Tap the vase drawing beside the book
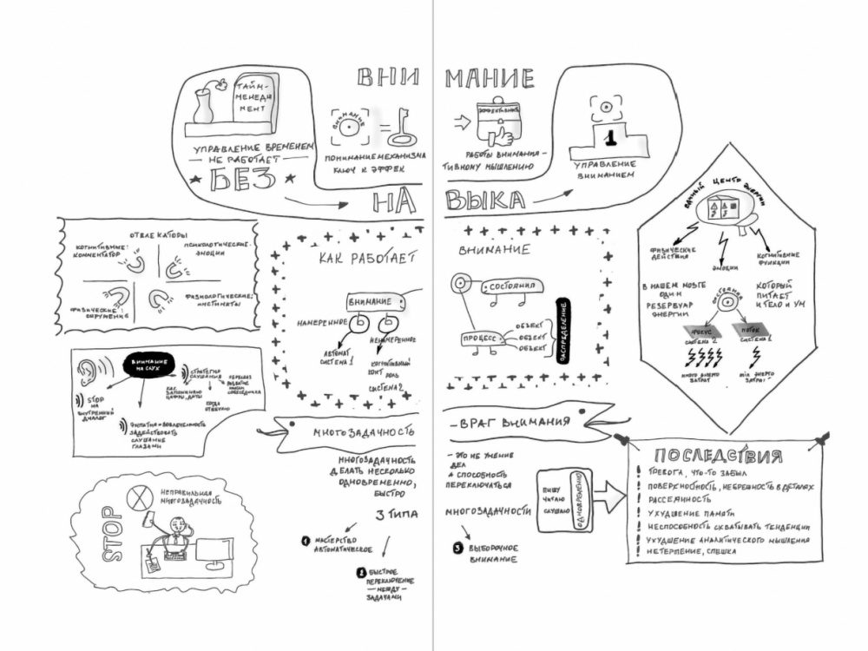202,105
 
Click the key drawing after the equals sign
401,128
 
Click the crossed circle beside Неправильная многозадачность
139,497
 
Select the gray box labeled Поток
745,330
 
